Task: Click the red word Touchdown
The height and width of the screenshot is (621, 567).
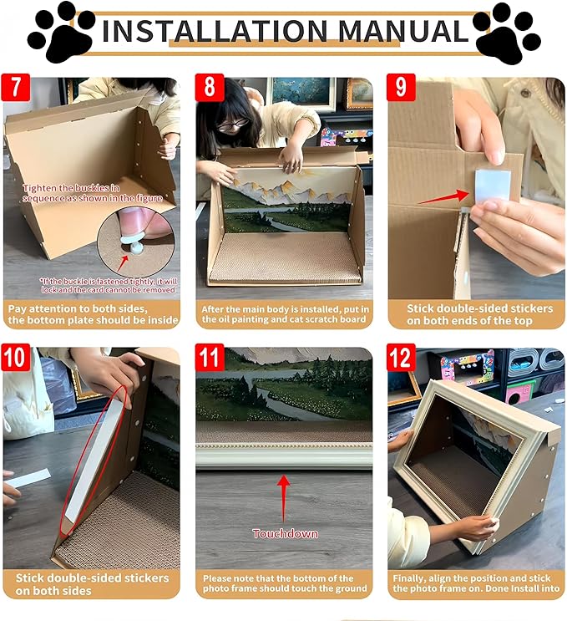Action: [x=285, y=533]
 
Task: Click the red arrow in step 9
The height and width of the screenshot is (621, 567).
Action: [x=443, y=197]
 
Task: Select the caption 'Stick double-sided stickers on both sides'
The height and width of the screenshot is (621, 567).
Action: [x=92, y=583]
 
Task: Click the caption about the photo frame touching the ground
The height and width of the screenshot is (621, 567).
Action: [x=284, y=583]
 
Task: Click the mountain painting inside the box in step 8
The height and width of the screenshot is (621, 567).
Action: [x=284, y=201]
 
